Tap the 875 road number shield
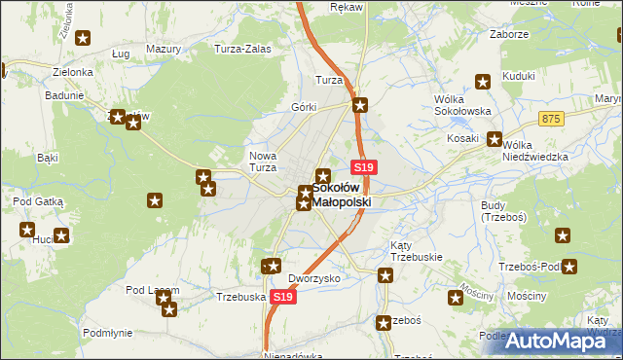[552, 118]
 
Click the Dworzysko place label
[314, 277]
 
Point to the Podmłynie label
[107, 332]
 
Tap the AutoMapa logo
[552, 341]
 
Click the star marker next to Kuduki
[482, 83]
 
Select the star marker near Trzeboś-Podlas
[569, 267]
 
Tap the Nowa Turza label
[264, 162]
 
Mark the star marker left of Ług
[83, 39]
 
